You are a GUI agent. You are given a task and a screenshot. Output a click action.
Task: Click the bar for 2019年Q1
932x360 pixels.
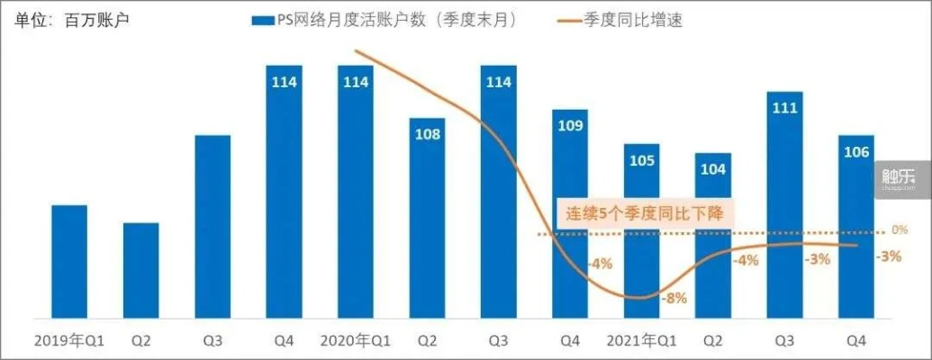[69, 261]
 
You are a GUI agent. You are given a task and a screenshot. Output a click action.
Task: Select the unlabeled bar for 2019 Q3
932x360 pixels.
[213, 226]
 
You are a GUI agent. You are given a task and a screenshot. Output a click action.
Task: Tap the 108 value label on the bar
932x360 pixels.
[427, 135]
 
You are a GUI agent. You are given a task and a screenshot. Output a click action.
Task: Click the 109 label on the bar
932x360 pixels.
[570, 126]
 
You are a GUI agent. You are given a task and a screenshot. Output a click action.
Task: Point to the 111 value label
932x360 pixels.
[784, 108]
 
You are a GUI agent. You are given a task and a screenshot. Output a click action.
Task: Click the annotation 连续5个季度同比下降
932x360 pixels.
[646, 214]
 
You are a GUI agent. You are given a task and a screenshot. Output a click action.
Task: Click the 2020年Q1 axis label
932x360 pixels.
[355, 341]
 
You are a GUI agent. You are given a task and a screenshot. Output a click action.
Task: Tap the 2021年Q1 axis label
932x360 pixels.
[640, 341]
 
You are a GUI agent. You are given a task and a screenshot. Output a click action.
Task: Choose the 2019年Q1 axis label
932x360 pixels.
[69, 341]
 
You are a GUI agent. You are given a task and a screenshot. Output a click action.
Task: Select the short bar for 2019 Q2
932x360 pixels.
[141, 270]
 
